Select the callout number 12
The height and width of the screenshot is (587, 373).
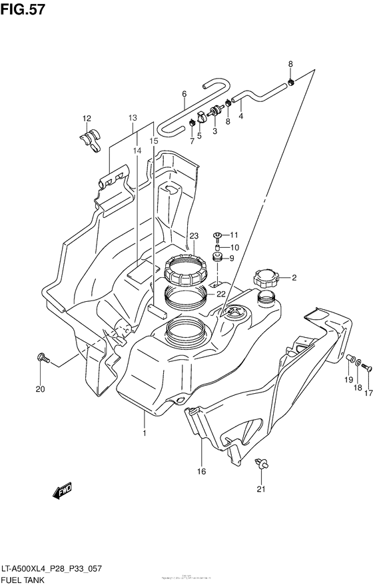(x=86, y=119)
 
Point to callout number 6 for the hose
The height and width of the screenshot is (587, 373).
(x=183, y=94)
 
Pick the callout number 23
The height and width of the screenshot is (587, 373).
(x=194, y=235)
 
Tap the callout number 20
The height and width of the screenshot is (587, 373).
(x=39, y=390)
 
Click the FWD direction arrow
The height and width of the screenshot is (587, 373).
(x=65, y=492)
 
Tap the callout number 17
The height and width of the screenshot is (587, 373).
(x=366, y=392)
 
